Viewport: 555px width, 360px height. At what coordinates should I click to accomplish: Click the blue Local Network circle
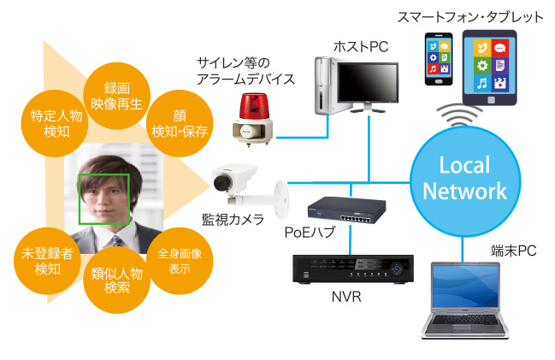coord(464,178)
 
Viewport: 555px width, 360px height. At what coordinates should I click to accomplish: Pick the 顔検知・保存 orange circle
coord(180,123)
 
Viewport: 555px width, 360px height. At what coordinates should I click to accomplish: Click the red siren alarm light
coord(254,114)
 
